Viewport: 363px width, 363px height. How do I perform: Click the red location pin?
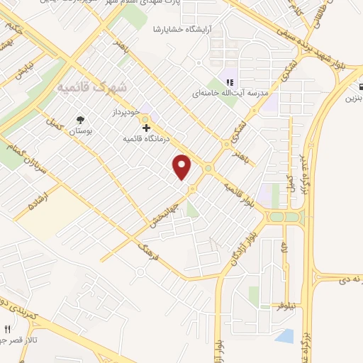point(182,167)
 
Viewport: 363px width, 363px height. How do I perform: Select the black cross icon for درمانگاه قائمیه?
point(146,128)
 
